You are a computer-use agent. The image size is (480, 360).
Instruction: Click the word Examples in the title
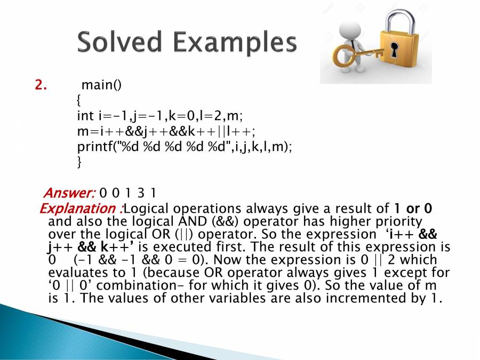point(235,43)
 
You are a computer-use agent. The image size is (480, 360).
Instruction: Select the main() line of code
point(102,85)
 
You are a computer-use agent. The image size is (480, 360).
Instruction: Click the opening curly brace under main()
point(79,100)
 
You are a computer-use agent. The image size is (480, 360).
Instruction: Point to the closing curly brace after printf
point(79,162)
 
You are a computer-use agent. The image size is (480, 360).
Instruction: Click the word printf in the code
point(95,147)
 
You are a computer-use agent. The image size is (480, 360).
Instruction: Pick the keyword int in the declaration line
point(85,116)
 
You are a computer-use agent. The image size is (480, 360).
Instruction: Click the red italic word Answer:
point(69,193)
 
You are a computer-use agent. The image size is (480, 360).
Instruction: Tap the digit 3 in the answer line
point(140,193)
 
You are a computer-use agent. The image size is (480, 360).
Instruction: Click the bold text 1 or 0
point(413,209)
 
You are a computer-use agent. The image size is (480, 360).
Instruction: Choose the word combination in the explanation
point(140,285)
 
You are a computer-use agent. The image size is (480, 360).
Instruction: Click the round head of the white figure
point(350,30)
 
